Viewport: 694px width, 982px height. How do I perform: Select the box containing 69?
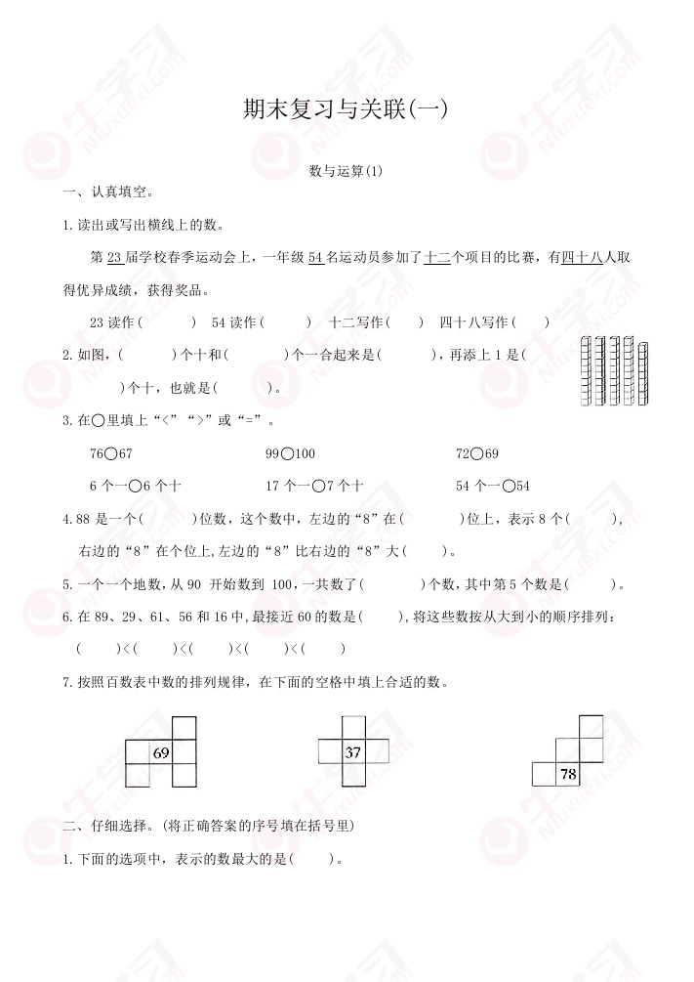161,752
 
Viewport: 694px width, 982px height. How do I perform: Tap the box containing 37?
353,752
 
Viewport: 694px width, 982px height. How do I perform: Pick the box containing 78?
567,775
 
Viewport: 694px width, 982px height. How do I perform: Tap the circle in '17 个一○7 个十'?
320,486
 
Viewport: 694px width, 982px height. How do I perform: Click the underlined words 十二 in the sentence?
435,258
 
